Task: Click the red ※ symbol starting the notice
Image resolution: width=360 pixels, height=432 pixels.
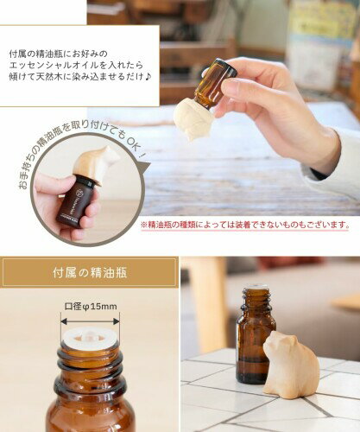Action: tap(144, 224)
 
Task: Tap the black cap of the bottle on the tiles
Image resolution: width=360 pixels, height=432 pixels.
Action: tap(256, 291)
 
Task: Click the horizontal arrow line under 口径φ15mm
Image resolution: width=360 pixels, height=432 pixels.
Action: tap(91, 318)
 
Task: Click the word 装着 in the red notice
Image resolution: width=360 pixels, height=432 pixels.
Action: tap(243, 224)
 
